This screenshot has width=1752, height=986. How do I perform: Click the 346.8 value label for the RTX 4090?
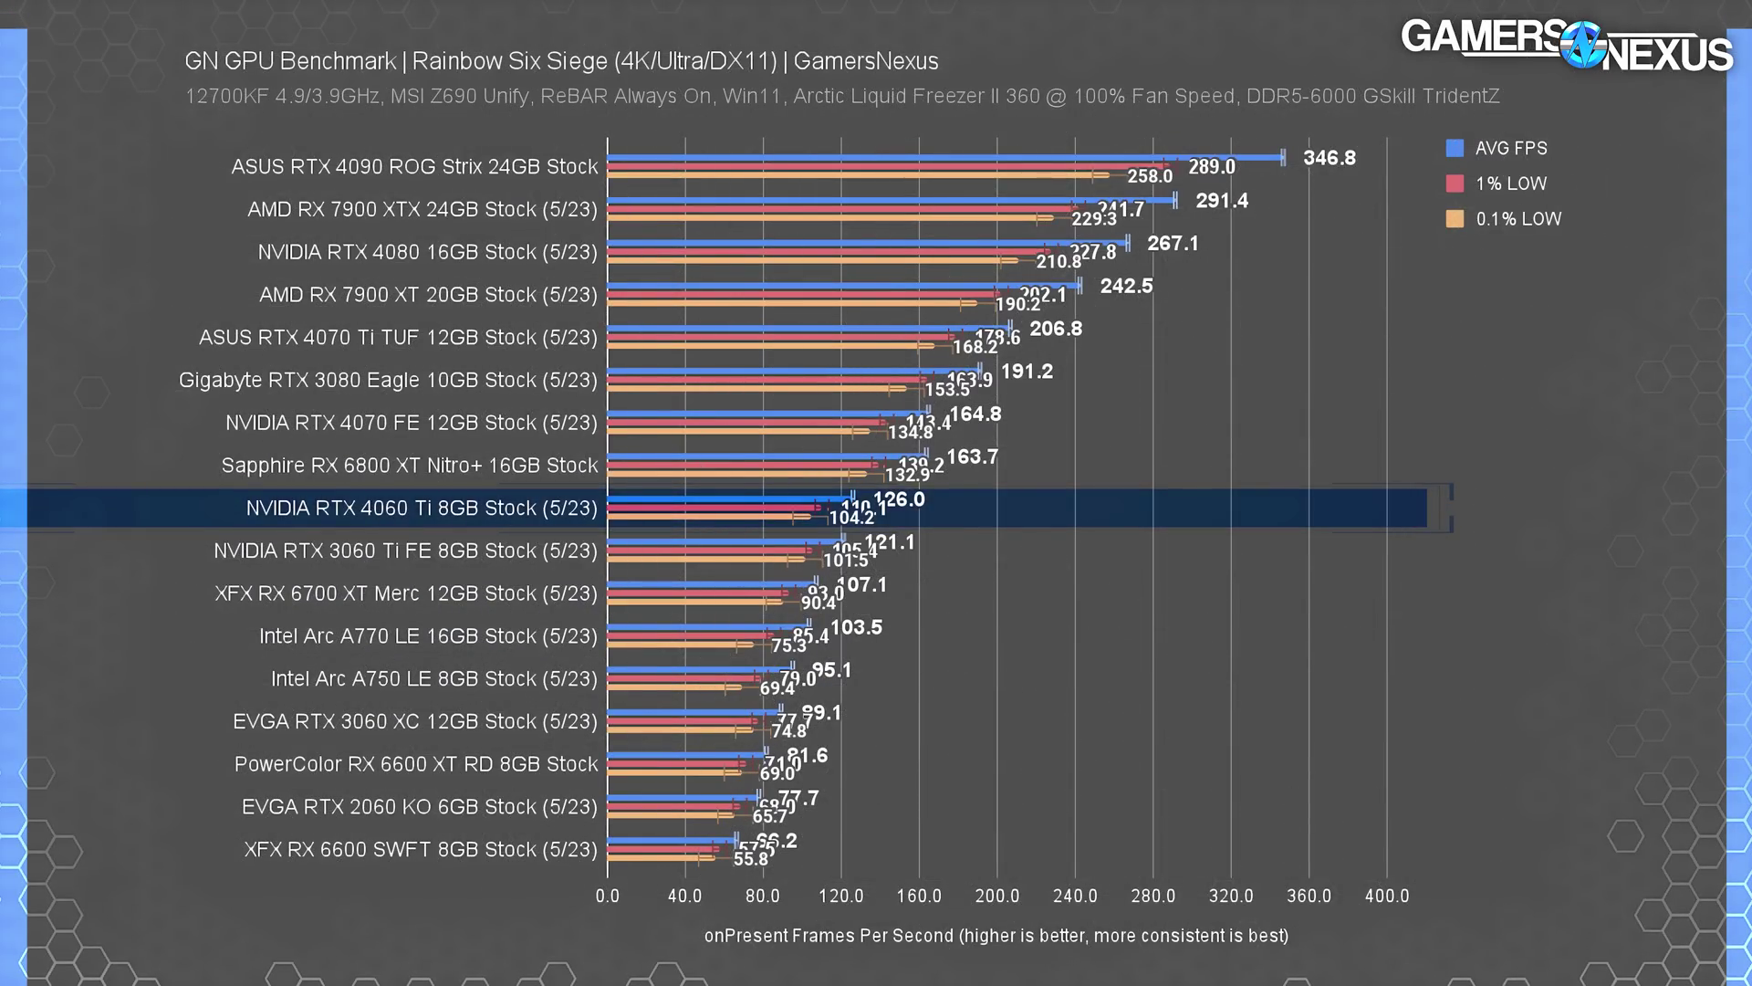tap(1329, 158)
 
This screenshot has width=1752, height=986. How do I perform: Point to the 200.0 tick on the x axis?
tap(996, 897)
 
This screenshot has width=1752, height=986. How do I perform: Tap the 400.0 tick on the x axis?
tap(1386, 897)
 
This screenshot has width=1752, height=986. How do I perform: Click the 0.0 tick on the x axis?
tap(607, 897)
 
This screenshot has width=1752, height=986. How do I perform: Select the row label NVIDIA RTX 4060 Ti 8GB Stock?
tap(421, 509)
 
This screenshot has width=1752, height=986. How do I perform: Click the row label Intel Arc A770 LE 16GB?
tap(428, 636)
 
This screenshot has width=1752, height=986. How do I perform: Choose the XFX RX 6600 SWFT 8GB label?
tap(420, 850)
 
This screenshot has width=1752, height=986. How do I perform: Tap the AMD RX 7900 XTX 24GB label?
tap(422, 210)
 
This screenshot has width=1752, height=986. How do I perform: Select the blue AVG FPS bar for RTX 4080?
tap(867, 243)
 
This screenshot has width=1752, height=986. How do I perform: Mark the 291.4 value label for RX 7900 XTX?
tap(1221, 201)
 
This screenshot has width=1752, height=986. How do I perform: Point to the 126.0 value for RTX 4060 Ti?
tap(899, 499)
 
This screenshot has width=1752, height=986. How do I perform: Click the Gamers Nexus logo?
tap(1566, 46)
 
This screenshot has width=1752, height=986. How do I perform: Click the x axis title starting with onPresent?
tap(996, 936)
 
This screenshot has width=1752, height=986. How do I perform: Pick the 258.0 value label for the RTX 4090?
tap(1149, 176)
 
